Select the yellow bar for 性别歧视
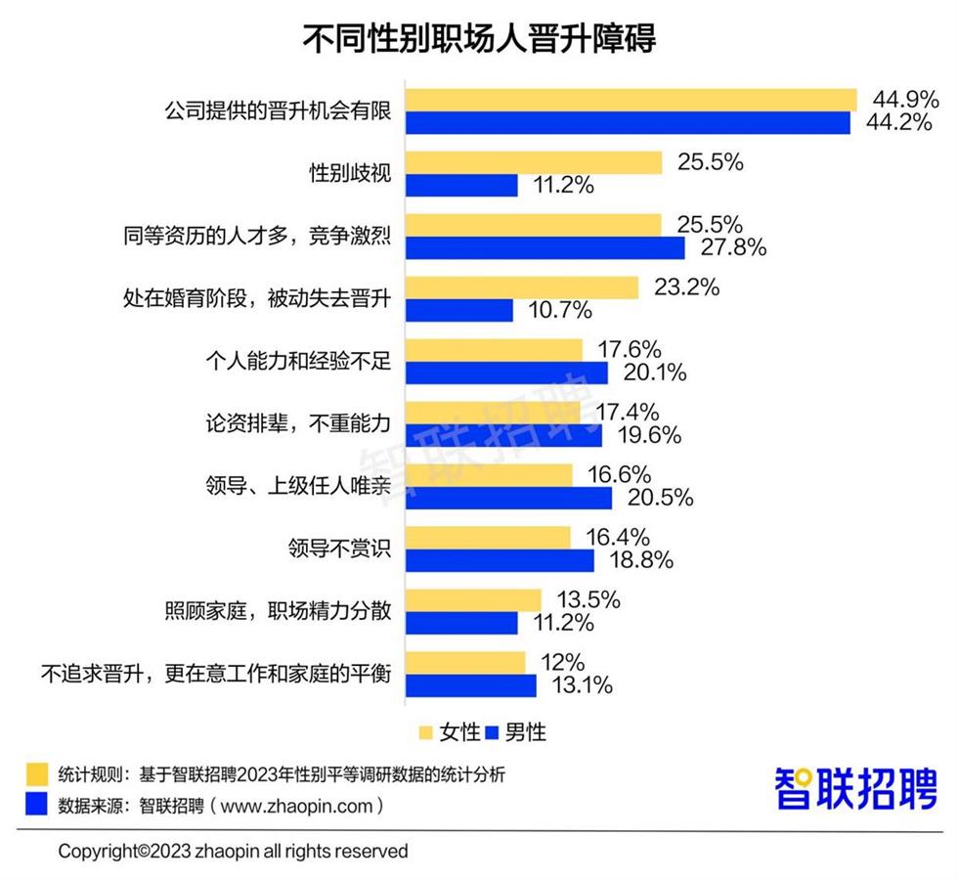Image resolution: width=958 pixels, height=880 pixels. click(534, 162)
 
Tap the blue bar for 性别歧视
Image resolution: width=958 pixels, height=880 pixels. click(461, 185)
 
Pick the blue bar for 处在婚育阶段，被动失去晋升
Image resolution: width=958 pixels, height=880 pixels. click(459, 310)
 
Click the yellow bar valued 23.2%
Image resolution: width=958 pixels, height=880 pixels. click(522, 287)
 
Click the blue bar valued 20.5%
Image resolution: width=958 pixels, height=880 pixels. click(509, 498)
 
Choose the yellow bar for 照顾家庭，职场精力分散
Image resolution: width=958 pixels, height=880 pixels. click(473, 600)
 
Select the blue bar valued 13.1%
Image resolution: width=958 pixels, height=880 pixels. click(471, 685)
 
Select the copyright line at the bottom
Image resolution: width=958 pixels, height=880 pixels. click(233, 851)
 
